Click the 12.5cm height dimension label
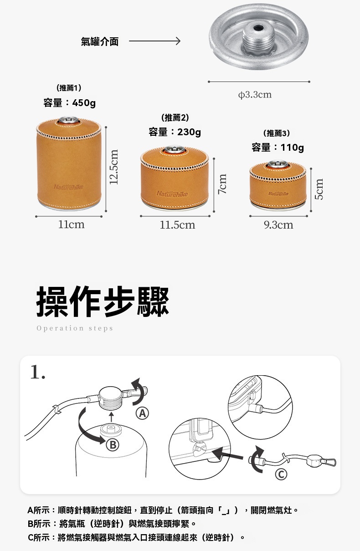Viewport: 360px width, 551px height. (x=114, y=167)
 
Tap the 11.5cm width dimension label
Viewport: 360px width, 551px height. (x=178, y=225)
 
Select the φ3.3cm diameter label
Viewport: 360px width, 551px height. (x=255, y=94)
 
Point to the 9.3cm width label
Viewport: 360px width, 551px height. (x=278, y=225)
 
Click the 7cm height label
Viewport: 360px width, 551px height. (x=222, y=184)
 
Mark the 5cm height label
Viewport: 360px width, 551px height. (x=319, y=189)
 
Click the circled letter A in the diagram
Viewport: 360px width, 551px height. (x=142, y=413)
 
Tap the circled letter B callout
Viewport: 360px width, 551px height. (x=113, y=444)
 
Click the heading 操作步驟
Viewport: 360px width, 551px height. (x=103, y=301)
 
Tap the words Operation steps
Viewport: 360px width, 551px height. (x=75, y=328)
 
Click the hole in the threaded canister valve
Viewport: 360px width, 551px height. (x=257, y=27)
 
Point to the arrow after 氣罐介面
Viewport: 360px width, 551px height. (x=154, y=41)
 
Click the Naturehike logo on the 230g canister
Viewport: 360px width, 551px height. (x=172, y=194)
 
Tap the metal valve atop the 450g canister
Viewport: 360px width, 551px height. (x=69, y=120)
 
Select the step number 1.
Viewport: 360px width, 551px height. (x=38, y=372)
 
